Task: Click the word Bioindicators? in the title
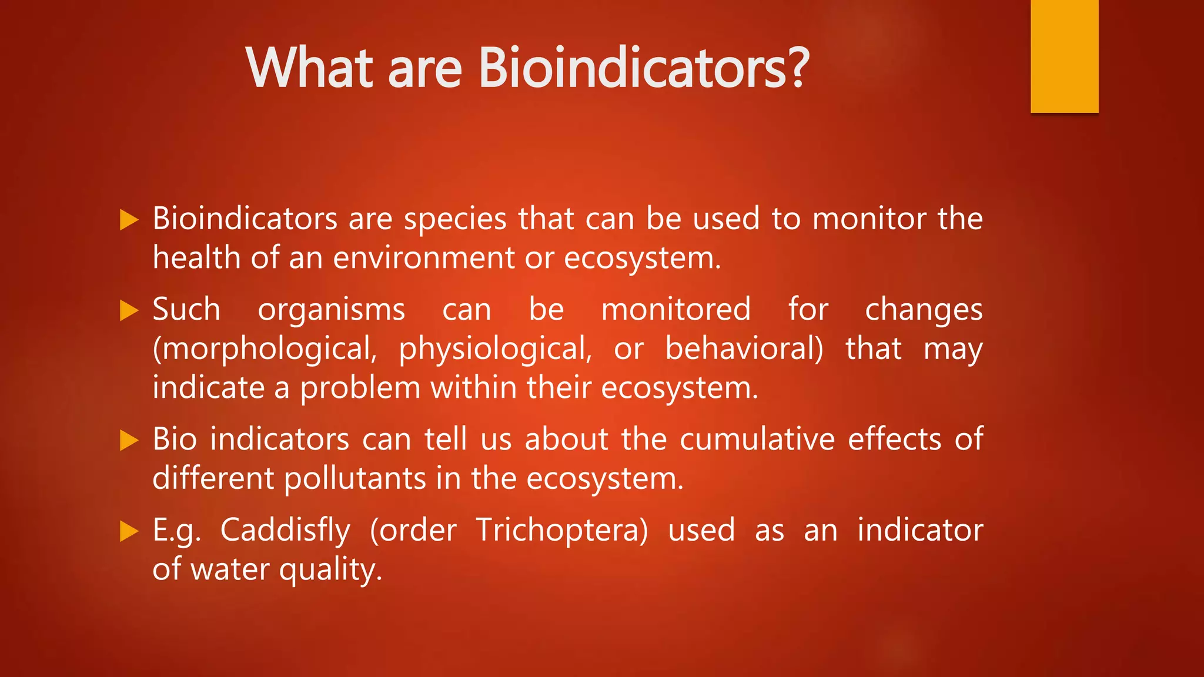[644, 68]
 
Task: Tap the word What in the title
[309, 68]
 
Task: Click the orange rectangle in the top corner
[1064, 56]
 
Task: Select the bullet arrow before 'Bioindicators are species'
[129, 220]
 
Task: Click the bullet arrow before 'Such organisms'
[129, 310]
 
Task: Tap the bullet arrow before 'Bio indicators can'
[129, 440]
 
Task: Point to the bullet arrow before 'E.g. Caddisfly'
[129, 531]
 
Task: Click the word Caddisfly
[285, 531]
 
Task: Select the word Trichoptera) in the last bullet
[562, 530]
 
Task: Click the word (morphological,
[265, 350]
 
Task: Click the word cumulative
[757, 440]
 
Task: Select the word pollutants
[354, 479]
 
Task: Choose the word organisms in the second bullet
[332, 311]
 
